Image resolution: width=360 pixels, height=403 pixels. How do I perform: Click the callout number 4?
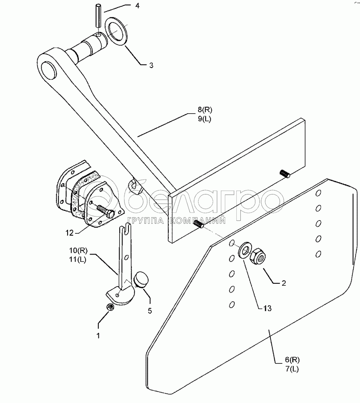(x=137, y=6)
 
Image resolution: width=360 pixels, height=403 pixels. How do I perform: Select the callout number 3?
(x=151, y=66)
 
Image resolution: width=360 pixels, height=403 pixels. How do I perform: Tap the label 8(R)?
(x=205, y=110)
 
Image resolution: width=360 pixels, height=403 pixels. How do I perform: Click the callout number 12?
(x=69, y=233)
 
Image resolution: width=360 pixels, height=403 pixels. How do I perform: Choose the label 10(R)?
(x=78, y=250)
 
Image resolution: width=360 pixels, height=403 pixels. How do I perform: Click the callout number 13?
(x=268, y=308)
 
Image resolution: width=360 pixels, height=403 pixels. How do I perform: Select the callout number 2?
(x=284, y=283)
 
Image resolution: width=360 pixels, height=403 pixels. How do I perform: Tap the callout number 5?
(x=150, y=311)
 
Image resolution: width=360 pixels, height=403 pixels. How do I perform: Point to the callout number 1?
(x=98, y=336)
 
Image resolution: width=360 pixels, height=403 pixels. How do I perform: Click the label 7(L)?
(x=292, y=369)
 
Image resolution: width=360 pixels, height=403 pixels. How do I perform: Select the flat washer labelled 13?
(x=244, y=249)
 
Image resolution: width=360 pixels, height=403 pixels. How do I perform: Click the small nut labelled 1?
(x=110, y=307)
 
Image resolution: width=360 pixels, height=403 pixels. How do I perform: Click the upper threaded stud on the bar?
(x=285, y=173)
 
